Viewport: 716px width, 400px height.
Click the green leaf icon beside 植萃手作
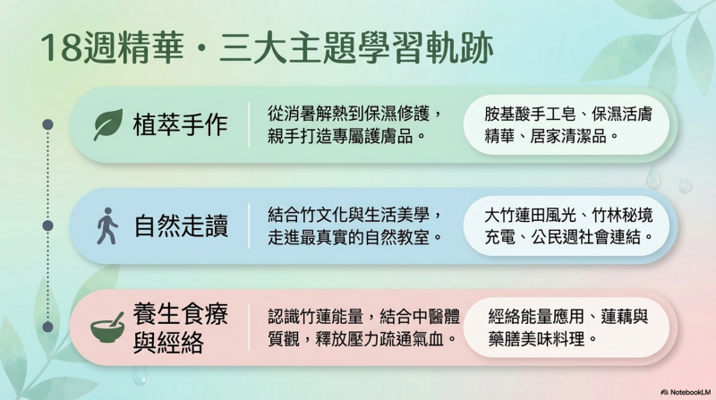108,124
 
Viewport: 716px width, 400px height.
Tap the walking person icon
107,226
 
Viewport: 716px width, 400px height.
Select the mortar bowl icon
107,328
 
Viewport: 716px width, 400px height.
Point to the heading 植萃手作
181,124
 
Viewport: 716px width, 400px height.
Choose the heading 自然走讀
181,226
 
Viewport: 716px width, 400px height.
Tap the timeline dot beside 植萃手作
47,124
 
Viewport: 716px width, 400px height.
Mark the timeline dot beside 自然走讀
47,226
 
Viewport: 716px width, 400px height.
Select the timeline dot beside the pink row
47,327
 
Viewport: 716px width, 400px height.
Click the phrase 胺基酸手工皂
530,114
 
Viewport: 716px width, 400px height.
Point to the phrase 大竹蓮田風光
530,215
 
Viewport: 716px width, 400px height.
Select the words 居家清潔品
567,136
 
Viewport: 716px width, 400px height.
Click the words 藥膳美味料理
536,339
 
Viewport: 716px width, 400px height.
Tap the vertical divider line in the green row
249,124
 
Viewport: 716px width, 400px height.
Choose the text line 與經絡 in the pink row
168,342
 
